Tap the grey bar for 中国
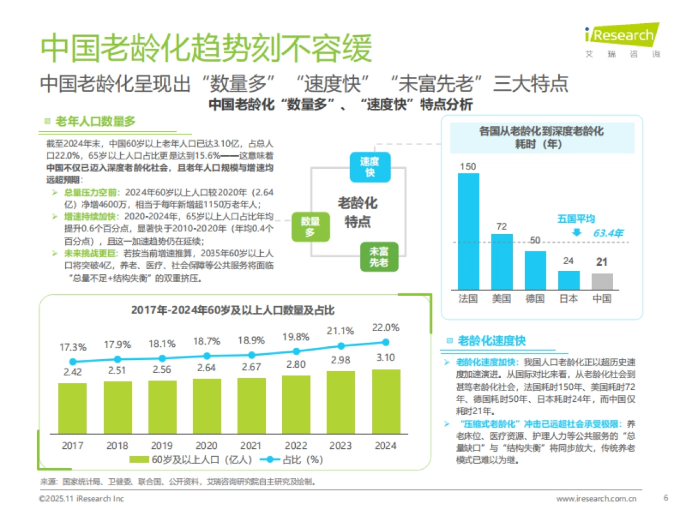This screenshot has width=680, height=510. click(602, 282)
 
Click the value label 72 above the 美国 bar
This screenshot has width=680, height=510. click(501, 226)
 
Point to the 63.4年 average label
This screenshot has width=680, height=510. click(608, 233)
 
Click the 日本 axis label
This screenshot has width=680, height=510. click(568, 298)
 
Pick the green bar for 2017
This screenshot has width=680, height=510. click(73, 408)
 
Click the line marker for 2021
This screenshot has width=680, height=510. click(252, 355)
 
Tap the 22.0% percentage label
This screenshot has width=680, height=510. click(385, 328)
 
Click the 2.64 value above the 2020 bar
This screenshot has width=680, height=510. click(206, 368)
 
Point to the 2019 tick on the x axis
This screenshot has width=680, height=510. click(162, 445)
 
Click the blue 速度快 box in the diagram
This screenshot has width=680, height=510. click(369, 167)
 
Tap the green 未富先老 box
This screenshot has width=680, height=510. click(379, 257)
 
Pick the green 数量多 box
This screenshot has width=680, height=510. click(311, 227)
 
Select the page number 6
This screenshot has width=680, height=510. click(665, 498)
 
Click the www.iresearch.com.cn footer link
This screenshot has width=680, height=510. click(596, 499)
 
